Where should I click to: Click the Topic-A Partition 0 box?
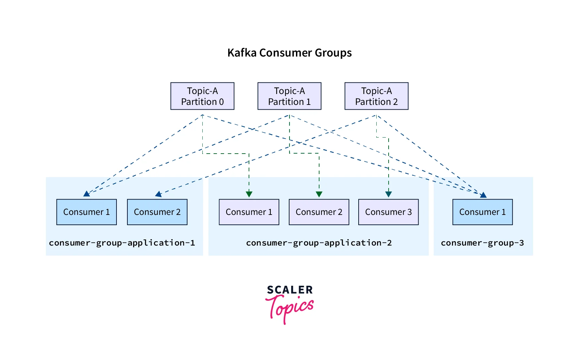coord(202,96)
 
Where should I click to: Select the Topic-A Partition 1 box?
coord(289,96)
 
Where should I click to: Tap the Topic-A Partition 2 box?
coord(376,96)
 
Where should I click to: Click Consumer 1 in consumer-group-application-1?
coord(87,212)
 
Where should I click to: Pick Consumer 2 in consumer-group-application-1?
coord(157,212)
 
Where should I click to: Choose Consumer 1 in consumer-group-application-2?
coord(249,212)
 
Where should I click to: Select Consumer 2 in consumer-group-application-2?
coord(319,212)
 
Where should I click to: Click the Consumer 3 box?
coord(388,212)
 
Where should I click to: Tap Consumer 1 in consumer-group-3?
coord(482,212)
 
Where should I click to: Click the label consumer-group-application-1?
coord(122,243)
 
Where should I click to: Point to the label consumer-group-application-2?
coord(319,243)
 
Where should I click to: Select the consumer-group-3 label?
coord(482,243)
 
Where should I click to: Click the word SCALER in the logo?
coord(290,290)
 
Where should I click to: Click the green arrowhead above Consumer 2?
coord(319,194)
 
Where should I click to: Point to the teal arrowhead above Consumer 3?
coord(389,194)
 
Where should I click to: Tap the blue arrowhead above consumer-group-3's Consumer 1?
coord(483,195)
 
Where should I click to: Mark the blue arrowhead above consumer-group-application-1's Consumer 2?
coord(158,194)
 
